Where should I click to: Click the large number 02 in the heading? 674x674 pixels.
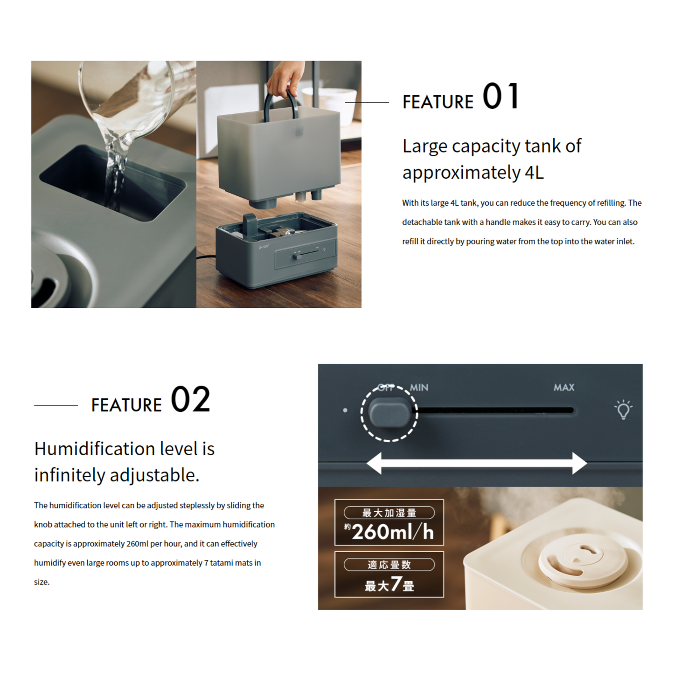[x=191, y=399]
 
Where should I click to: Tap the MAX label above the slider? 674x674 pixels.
[x=564, y=388]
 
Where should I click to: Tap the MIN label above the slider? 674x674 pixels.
[x=419, y=388]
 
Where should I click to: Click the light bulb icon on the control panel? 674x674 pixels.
[x=623, y=410]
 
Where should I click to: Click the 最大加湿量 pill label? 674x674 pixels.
[x=389, y=513]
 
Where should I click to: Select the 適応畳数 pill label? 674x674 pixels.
[x=389, y=564]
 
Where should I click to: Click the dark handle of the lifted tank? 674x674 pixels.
[x=280, y=105]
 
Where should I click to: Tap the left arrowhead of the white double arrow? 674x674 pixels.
[x=374, y=463]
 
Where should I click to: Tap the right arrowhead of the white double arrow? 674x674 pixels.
[x=579, y=463]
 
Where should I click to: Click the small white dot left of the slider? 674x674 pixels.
[x=345, y=410]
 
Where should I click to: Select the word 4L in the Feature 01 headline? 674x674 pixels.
[x=534, y=173]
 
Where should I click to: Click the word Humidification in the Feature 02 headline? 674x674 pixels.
[x=95, y=449]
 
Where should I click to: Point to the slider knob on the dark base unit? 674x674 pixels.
[x=297, y=257]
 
